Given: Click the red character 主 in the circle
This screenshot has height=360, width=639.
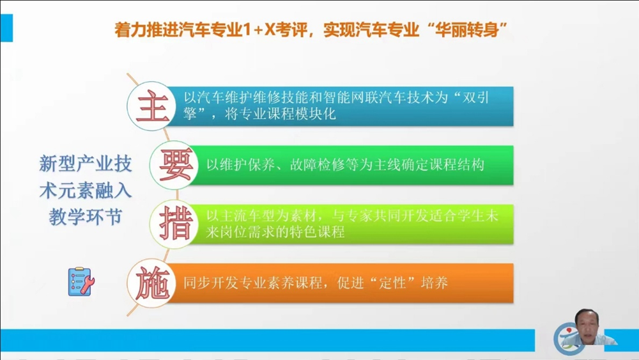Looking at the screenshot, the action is [x=153, y=106].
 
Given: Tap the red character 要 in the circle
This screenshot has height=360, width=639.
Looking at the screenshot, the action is [x=175, y=165].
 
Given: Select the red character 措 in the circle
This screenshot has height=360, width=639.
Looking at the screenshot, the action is [x=175, y=224].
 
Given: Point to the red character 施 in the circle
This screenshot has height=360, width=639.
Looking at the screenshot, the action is [x=153, y=283].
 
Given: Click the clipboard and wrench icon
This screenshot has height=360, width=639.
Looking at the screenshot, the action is [x=81, y=281].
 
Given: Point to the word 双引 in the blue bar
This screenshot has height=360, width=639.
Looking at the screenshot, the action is [x=475, y=97].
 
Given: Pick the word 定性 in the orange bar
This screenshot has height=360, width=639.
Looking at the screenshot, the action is [x=392, y=283].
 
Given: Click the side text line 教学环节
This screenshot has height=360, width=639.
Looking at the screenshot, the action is [x=86, y=217].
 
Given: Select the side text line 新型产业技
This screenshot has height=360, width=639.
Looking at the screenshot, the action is [x=86, y=164].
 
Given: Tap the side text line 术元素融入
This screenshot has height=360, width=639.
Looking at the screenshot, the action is [x=86, y=191].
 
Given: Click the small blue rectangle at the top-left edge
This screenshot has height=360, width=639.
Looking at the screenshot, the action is [x=6, y=27].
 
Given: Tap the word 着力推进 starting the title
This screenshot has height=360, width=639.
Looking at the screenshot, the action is [x=146, y=30].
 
